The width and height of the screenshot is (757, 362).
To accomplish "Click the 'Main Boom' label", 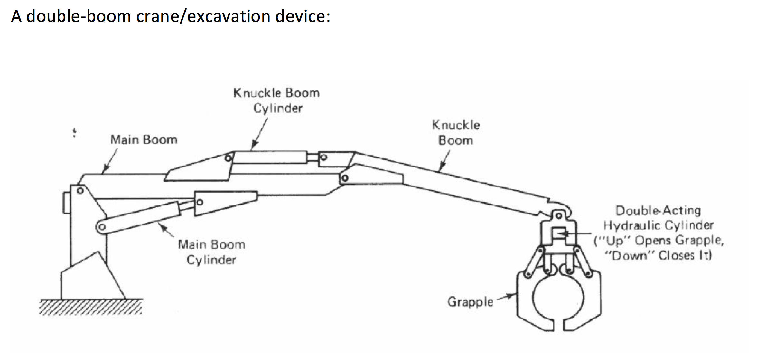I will (144, 140).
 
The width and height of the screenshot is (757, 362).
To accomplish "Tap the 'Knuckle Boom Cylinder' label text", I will (277, 100).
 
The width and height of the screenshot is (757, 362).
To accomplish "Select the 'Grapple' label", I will (470, 302).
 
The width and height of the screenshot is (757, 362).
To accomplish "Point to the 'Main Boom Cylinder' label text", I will (211, 252).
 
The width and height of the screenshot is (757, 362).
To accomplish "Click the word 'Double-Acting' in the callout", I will (658, 211).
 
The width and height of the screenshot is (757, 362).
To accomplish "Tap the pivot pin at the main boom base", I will (80, 191).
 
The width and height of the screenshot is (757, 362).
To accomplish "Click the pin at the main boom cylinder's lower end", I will (102, 227).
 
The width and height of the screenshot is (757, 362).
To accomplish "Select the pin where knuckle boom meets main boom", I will (345, 178).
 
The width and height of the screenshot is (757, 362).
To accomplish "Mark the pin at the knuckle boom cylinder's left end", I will (228, 158).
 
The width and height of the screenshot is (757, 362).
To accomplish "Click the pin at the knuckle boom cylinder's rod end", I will (324, 157).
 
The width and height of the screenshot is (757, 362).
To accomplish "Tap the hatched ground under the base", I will (91, 307).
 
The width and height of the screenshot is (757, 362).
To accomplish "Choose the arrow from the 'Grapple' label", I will (506, 296).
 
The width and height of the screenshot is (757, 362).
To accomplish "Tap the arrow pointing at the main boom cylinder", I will (167, 231).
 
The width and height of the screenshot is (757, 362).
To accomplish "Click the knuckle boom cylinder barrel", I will (270, 157).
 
